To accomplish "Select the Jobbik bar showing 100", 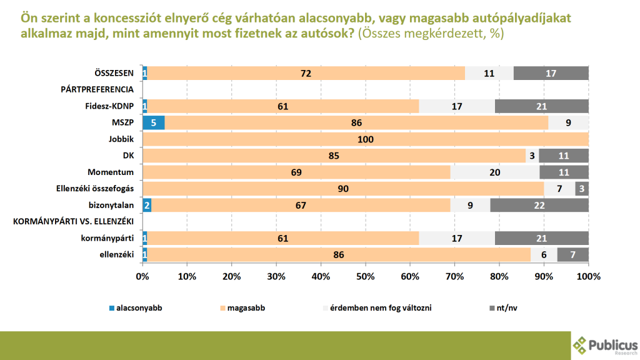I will [366, 139].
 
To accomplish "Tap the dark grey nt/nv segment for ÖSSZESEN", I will [551, 73].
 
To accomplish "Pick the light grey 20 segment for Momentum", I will [494, 171].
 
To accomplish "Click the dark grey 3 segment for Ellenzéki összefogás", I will [582, 188].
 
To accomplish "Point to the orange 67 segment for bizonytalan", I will [300, 204].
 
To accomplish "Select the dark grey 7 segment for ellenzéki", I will [573, 254].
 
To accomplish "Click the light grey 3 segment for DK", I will [532, 155].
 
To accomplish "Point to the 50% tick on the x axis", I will [366, 276].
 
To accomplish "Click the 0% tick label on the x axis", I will [142, 276].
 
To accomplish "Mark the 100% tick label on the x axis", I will [588, 276].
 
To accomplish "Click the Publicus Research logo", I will [604, 346].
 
